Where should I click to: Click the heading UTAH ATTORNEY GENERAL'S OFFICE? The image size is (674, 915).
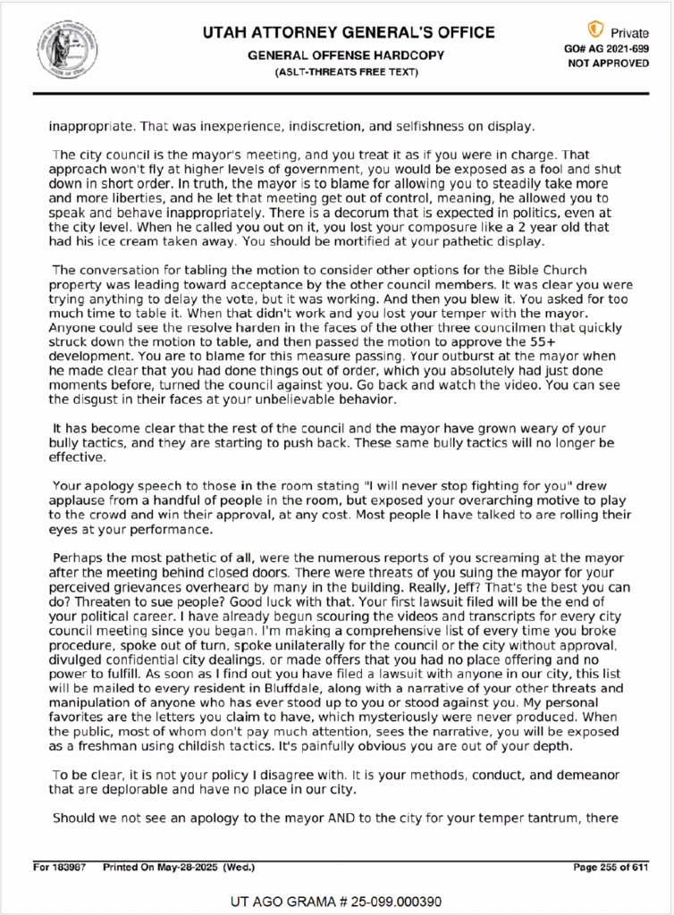click(x=349, y=33)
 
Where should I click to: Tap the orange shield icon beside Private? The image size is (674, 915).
click(x=595, y=29)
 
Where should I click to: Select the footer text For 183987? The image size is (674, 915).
click(x=61, y=867)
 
